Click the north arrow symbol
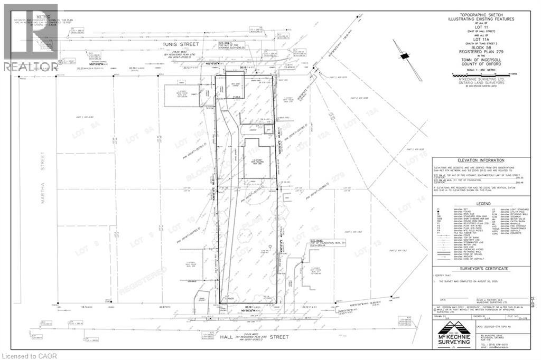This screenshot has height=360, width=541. point(405,56)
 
